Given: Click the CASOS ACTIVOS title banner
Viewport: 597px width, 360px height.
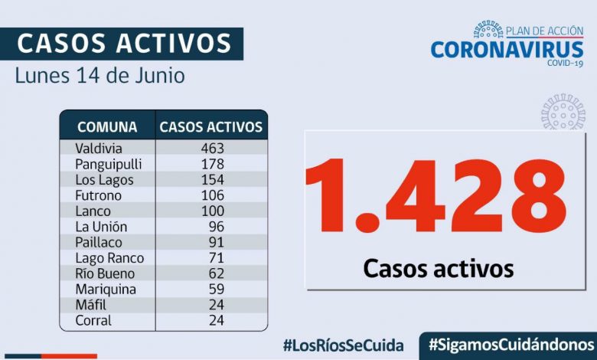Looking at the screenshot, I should click(x=122, y=44).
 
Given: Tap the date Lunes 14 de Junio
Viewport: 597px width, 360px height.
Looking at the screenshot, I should click(x=99, y=77).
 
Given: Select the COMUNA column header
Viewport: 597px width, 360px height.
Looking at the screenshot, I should click(x=107, y=127).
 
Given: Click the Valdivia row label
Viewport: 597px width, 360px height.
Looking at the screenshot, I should click(x=99, y=148).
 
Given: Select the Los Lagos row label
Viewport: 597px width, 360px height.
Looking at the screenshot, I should click(x=104, y=180).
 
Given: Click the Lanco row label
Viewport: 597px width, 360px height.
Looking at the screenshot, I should click(x=93, y=211).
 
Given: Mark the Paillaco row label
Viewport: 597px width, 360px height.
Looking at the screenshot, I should click(x=99, y=242).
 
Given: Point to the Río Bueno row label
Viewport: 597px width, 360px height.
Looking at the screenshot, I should click(x=105, y=273).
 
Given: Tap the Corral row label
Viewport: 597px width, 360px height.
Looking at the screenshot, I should click(x=93, y=320).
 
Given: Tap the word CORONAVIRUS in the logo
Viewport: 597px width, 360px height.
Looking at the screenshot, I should click(x=507, y=49).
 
